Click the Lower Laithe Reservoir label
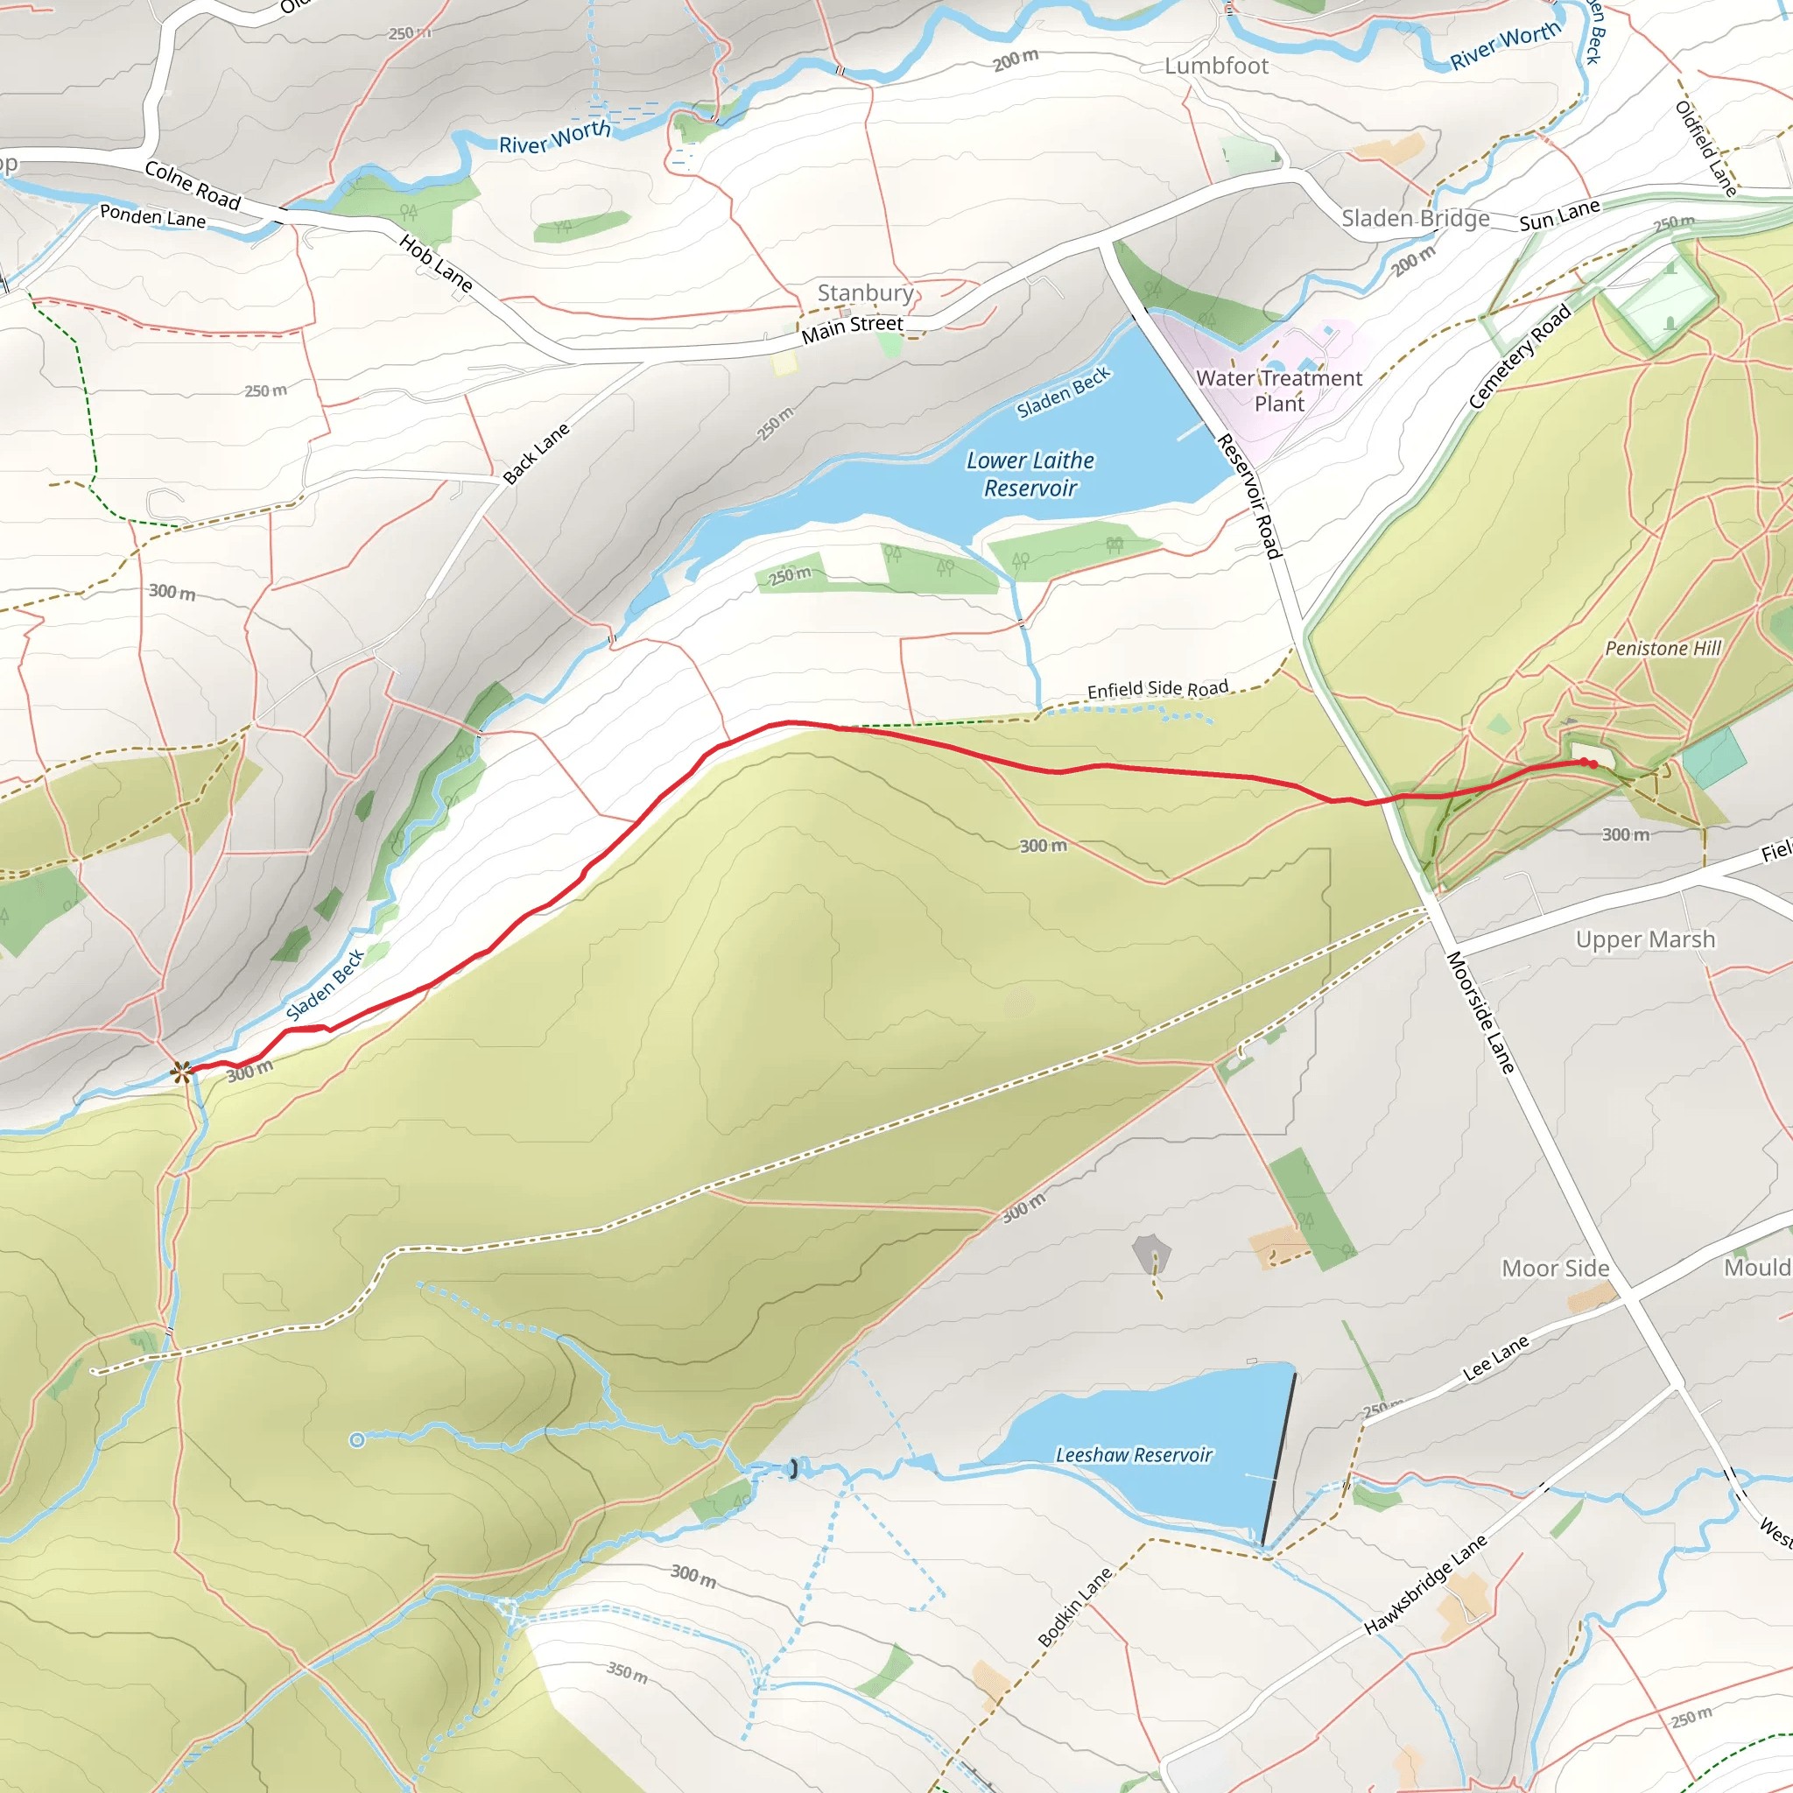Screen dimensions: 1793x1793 [x=1030, y=475]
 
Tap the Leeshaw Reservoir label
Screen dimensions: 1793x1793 [x=1133, y=1455]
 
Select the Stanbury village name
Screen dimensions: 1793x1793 [x=865, y=293]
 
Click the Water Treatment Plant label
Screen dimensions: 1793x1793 [x=1278, y=390]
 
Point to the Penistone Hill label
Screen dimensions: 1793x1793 [x=1663, y=649]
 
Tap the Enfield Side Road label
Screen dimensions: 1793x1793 [x=1157, y=689]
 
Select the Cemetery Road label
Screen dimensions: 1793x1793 [x=1519, y=356]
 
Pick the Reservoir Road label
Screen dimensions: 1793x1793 [x=1249, y=496]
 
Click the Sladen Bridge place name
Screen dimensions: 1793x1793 [x=1416, y=219]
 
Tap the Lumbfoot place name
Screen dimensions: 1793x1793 [x=1216, y=67]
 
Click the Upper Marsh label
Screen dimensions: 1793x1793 [x=1644, y=940]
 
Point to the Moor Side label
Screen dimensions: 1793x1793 [x=1556, y=1269]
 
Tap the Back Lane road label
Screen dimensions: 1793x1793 [x=536, y=454]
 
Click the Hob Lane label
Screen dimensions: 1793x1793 [x=436, y=263]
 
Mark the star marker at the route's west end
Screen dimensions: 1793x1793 [x=182, y=1072]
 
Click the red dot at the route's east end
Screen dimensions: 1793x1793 [x=1586, y=763]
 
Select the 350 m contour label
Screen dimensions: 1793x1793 [x=628, y=1672]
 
